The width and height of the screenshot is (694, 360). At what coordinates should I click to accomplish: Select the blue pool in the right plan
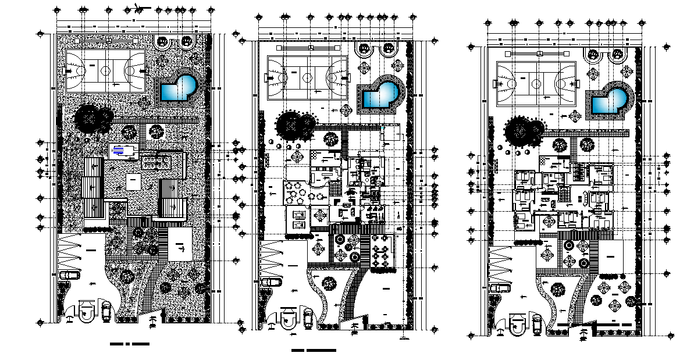(608, 104)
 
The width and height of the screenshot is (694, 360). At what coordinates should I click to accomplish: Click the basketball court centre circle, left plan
(105, 71)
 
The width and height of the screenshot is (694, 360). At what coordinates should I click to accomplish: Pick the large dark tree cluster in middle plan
(296, 124)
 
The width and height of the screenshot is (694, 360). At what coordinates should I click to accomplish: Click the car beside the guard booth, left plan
(106, 311)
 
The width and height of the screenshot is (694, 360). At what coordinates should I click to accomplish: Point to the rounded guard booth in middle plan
(287, 320)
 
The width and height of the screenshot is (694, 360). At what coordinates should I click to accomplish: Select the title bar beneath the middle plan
(314, 351)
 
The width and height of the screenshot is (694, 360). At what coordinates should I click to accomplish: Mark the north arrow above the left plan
(138, 7)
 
